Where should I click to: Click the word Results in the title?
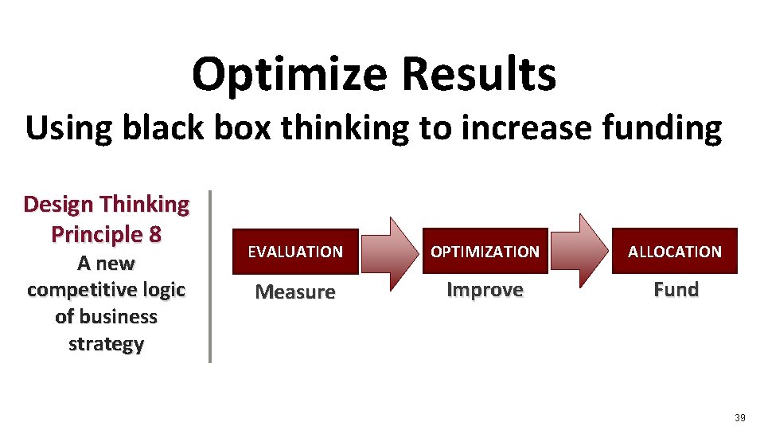(478, 73)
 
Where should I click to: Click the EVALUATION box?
(295, 252)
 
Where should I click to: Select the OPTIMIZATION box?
(485, 252)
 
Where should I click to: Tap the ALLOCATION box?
(674, 252)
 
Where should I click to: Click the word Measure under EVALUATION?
(295, 292)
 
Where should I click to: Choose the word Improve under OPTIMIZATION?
(485, 290)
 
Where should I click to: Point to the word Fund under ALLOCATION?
(676, 290)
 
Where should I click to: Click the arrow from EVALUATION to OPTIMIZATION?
(390, 252)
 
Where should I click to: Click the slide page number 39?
(739, 418)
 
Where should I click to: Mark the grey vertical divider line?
(209, 276)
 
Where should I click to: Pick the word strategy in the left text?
(106, 345)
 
